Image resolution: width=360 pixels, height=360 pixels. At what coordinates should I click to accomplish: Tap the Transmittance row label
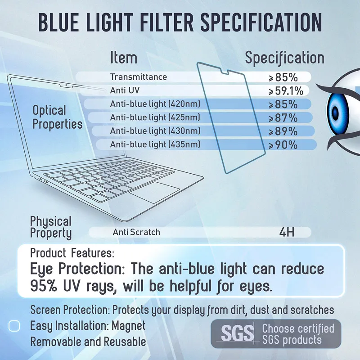pyautogui.click(x=139, y=77)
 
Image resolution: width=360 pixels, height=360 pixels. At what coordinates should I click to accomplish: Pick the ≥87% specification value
pyautogui.click(x=283, y=118)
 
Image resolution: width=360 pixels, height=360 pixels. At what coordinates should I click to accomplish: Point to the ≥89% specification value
pyautogui.click(x=283, y=132)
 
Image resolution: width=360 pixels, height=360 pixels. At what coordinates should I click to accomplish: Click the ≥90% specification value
pyautogui.click(x=283, y=145)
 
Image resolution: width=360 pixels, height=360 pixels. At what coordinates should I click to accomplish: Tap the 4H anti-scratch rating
pyautogui.click(x=287, y=232)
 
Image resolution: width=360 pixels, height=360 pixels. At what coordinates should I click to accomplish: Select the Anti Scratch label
pyautogui.click(x=136, y=232)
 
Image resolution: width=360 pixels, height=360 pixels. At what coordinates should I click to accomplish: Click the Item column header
pyautogui.click(x=124, y=58)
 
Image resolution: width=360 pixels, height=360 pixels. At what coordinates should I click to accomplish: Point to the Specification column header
pyautogui.click(x=284, y=58)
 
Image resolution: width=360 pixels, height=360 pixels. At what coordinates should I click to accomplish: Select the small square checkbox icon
pyautogui.click(x=14, y=325)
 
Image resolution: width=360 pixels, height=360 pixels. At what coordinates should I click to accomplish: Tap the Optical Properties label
pyautogui.click(x=57, y=117)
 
